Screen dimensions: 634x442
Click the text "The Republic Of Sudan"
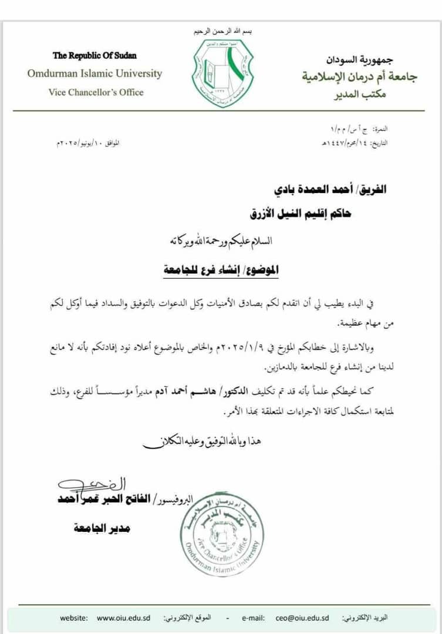click(x=95, y=56)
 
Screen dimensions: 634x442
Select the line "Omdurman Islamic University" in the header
click(x=95, y=73)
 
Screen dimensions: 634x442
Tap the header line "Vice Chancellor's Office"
click(x=96, y=92)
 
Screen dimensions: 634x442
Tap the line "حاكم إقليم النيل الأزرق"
click(x=300, y=215)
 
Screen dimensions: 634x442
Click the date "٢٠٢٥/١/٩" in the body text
click(x=237, y=349)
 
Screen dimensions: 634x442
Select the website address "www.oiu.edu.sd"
click(x=123, y=618)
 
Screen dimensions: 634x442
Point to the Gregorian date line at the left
click(x=86, y=143)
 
